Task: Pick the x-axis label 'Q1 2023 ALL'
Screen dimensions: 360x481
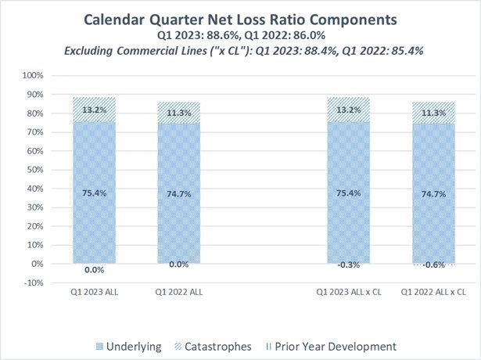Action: pos(94,292)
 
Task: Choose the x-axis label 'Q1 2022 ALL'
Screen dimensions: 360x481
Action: pos(179,292)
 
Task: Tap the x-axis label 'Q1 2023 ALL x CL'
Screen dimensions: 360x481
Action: pos(348,292)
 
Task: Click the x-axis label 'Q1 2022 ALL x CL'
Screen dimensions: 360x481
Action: pos(433,292)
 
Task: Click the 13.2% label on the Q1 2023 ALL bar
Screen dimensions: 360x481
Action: pos(94,109)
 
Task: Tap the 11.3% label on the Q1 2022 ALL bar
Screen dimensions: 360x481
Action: pos(179,111)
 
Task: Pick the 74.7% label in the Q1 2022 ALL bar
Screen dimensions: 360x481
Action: pos(179,193)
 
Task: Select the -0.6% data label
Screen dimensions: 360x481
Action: pos(433,265)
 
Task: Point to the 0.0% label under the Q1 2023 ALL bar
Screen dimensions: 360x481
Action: pos(94,269)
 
